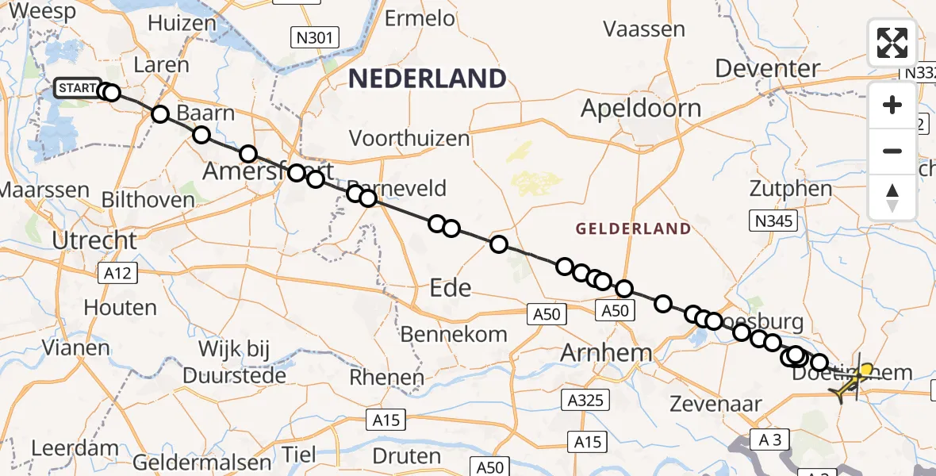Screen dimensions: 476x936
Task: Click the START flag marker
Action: click(78, 88)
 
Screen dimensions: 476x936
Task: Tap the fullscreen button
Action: click(892, 43)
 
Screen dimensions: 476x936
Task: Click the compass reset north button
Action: click(892, 198)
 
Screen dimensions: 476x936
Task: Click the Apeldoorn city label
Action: click(641, 109)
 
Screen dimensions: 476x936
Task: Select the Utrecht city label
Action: click(94, 240)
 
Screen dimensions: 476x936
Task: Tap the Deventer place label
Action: click(767, 68)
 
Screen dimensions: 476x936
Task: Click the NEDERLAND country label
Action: click(427, 79)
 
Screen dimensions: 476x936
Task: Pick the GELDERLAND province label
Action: click(633, 229)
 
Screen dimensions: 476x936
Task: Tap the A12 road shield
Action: click(117, 274)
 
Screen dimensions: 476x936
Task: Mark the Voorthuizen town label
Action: click(409, 138)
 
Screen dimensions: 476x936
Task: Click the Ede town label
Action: click(451, 287)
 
